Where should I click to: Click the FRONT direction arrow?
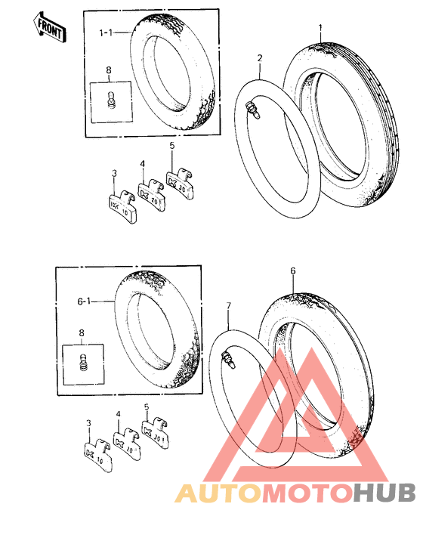coord(50,28)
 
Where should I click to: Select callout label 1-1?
coord(106,32)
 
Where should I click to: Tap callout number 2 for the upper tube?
coord(260,58)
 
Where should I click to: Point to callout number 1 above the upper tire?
coord(320,27)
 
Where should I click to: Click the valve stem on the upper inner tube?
coord(253,110)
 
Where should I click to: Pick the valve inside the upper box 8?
coord(112,99)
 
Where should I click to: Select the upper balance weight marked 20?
coord(152,193)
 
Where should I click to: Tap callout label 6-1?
coord(84,301)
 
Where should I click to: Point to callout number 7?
coord(228,306)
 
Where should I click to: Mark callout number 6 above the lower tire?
coord(293,270)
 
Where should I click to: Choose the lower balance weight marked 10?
coord(98,456)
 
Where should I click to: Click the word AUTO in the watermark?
coord(218,493)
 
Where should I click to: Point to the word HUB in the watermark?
coord(384,493)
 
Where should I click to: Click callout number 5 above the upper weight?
coord(172,146)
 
